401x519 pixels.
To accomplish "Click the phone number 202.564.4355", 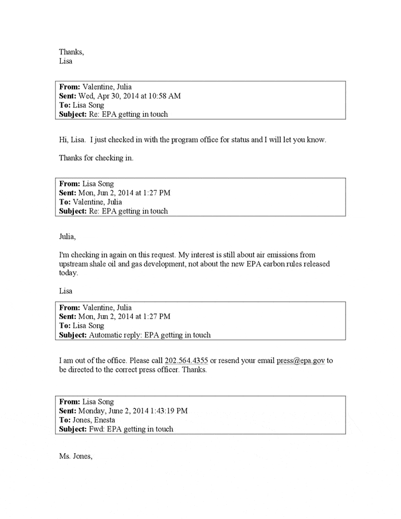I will click(186, 361).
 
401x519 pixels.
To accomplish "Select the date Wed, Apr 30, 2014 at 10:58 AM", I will click(133, 96).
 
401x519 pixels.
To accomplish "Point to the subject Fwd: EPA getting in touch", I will click(131, 429).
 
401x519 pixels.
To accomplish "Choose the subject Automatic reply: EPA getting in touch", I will click(150, 335).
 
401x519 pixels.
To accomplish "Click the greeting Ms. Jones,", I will click(75, 457).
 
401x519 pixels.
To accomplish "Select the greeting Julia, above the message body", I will click(67, 236).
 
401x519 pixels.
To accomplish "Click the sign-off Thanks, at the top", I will click(71, 52).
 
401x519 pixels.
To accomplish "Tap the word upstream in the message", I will click(75, 264).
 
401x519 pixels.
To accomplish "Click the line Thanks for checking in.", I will click(96, 158).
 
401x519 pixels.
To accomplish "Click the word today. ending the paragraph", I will click(68, 273).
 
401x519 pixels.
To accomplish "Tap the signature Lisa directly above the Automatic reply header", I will click(66, 292).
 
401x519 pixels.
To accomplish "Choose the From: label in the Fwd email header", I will click(70, 402).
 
